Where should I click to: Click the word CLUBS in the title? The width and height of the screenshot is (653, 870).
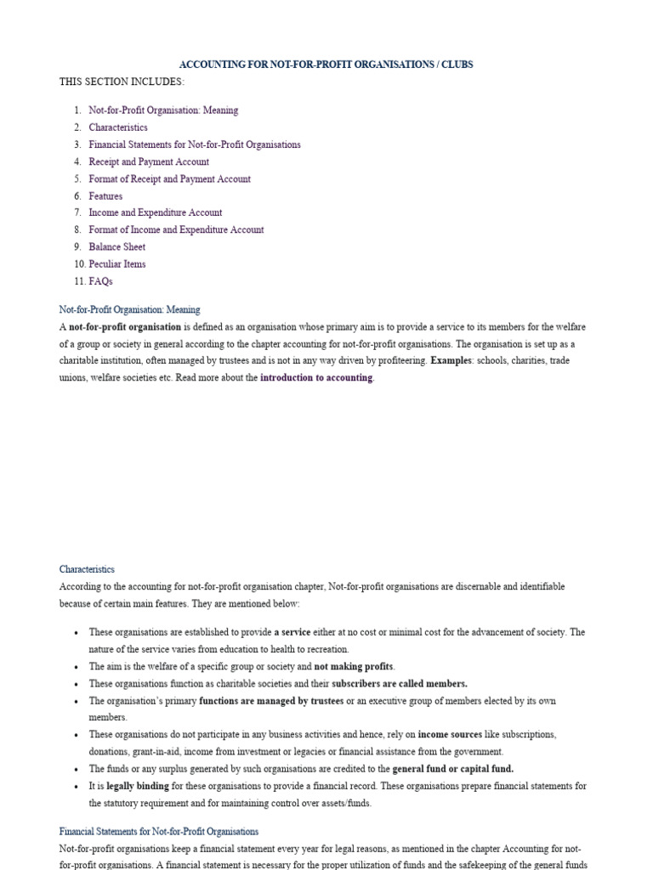tap(457, 65)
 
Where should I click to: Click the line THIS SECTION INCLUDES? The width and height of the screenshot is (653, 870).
tap(122, 82)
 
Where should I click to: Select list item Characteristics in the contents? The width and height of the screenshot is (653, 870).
tap(118, 127)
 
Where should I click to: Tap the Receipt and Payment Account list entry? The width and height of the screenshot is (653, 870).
tap(149, 161)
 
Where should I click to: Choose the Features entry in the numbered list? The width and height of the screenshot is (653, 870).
tap(105, 195)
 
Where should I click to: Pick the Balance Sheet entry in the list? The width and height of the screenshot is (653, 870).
tap(117, 246)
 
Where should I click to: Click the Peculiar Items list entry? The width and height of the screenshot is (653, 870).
tap(117, 263)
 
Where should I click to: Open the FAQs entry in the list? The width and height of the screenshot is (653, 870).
tap(100, 280)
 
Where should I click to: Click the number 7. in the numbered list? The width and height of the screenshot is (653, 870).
tap(77, 212)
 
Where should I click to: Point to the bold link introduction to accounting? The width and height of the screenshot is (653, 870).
tap(316, 378)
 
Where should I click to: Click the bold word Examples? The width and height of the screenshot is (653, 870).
tap(452, 361)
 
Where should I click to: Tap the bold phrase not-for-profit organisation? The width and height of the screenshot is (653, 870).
tap(125, 327)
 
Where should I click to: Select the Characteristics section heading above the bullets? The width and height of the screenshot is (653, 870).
tap(87, 569)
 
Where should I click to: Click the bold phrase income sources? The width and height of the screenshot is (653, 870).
tap(446, 734)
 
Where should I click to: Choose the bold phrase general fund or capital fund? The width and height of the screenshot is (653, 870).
tap(452, 768)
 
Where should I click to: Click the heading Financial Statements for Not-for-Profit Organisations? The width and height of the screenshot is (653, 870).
tap(159, 831)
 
